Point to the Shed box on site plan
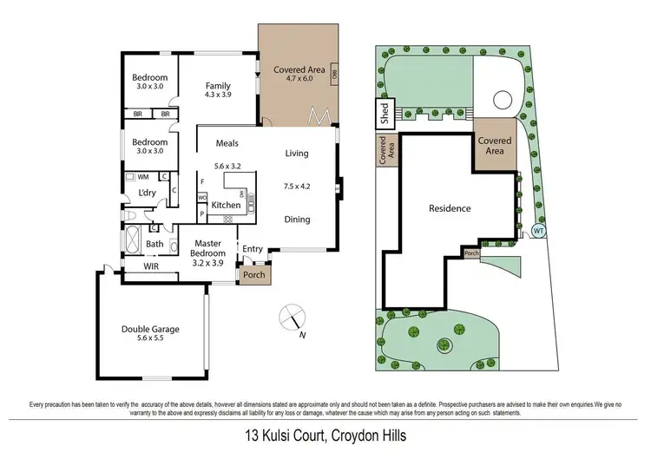[x=382, y=112]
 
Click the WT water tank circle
[x=537, y=231]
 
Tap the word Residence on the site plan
[x=450, y=208]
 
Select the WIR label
[x=152, y=268]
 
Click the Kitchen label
[x=226, y=206]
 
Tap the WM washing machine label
[x=143, y=177]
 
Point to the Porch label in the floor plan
[x=253, y=276]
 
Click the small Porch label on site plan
[x=471, y=254]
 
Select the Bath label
[x=155, y=244]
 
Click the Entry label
[x=253, y=249]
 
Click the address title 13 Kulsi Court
[x=325, y=436]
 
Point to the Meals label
[x=227, y=143]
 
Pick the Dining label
[x=297, y=220]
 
